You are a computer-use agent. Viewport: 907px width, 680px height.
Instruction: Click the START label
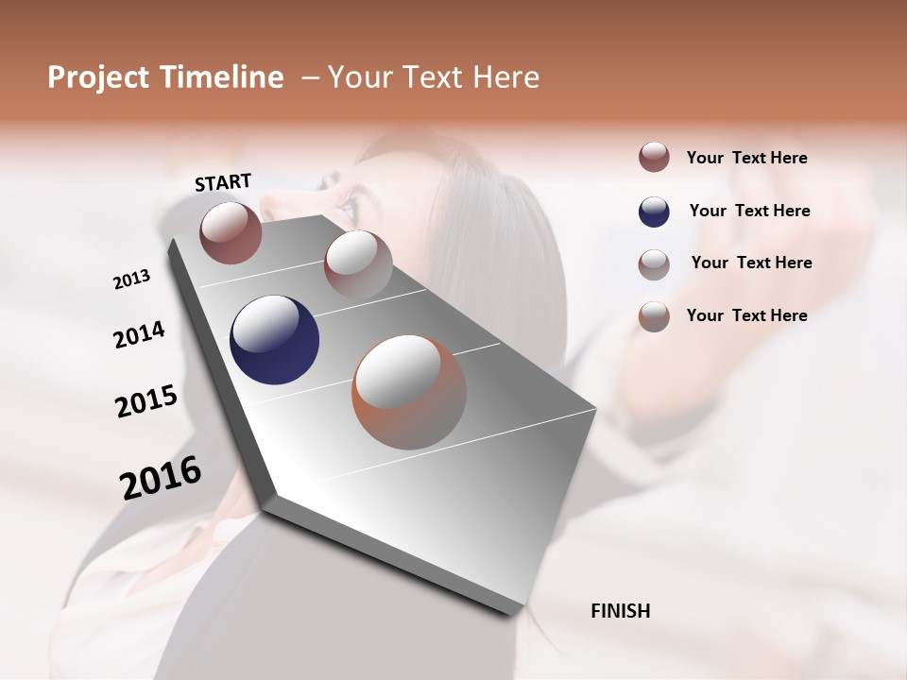point(223,182)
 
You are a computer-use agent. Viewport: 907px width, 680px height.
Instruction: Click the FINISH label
point(620,611)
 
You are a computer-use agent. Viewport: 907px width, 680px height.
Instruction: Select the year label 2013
point(131,280)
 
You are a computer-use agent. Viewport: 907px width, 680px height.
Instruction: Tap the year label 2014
point(139,335)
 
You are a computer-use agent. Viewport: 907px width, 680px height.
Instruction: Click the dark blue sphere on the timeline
point(274,340)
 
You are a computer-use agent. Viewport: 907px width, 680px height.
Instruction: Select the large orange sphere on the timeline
point(409,392)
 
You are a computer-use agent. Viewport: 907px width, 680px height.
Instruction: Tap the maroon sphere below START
point(231,232)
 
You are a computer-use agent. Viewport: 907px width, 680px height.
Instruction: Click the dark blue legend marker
point(654,212)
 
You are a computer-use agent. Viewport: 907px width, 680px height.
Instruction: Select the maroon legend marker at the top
point(654,158)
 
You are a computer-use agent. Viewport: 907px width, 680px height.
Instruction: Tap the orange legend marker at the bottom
point(654,316)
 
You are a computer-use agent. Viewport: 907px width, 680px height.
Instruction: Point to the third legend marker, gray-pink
point(654,264)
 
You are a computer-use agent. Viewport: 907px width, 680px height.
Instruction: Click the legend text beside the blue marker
point(749,211)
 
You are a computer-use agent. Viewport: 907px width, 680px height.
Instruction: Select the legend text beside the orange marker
point(746,315)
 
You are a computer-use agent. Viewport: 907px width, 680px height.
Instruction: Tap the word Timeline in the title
point(222,77)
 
